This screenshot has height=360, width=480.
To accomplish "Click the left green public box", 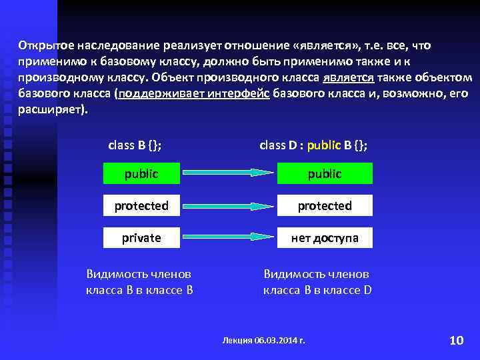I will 141,173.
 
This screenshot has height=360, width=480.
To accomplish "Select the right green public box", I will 325,173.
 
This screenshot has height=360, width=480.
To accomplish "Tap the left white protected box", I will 141,205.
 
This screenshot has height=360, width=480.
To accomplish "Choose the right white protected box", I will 325,205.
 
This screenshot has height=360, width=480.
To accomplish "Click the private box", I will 141,237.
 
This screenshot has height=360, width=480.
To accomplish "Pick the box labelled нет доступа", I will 325,237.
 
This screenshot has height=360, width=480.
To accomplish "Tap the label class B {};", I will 134,145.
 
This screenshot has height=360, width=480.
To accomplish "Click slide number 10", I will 456,341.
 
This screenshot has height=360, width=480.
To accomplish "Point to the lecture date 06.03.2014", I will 275,340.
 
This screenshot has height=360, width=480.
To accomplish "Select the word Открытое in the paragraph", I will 45,46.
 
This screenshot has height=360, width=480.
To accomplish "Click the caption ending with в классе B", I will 139,282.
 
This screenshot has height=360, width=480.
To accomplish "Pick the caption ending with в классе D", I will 317,282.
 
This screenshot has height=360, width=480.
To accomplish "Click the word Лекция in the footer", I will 236,340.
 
